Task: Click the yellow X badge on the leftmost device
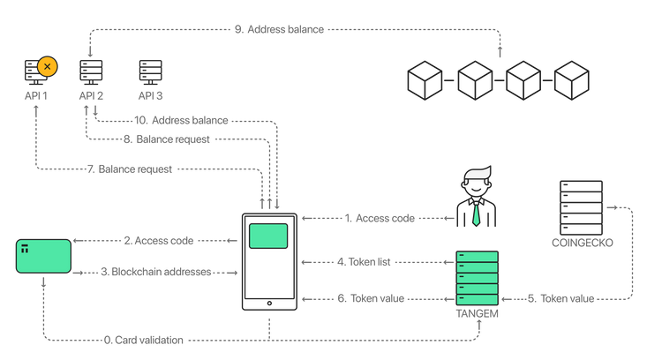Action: tap(48, 66)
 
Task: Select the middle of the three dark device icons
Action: tap(91, 71)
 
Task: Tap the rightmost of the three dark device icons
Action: tap(150, 71)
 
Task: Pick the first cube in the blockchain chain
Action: tap(425, 79)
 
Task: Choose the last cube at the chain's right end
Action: tap(572, 79)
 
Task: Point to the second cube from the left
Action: tap(475, 79)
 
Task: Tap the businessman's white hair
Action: tap(478, 173)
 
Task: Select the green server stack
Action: tap(477, 278)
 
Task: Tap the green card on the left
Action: tap(43, 256)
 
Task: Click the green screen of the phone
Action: tap(268, 236)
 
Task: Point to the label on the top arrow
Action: tap(279, 29)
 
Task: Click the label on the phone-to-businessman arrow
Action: tap(380, 217)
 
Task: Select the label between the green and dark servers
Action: tap(560, 299)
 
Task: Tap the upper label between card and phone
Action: tap(159, 239)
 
